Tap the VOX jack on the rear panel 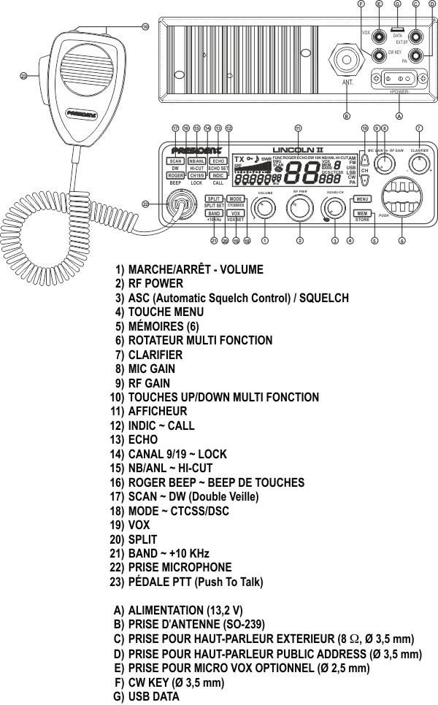point(380,34)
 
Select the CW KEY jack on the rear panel point(380,55)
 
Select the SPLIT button point(214,199)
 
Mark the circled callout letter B point(347,115)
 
